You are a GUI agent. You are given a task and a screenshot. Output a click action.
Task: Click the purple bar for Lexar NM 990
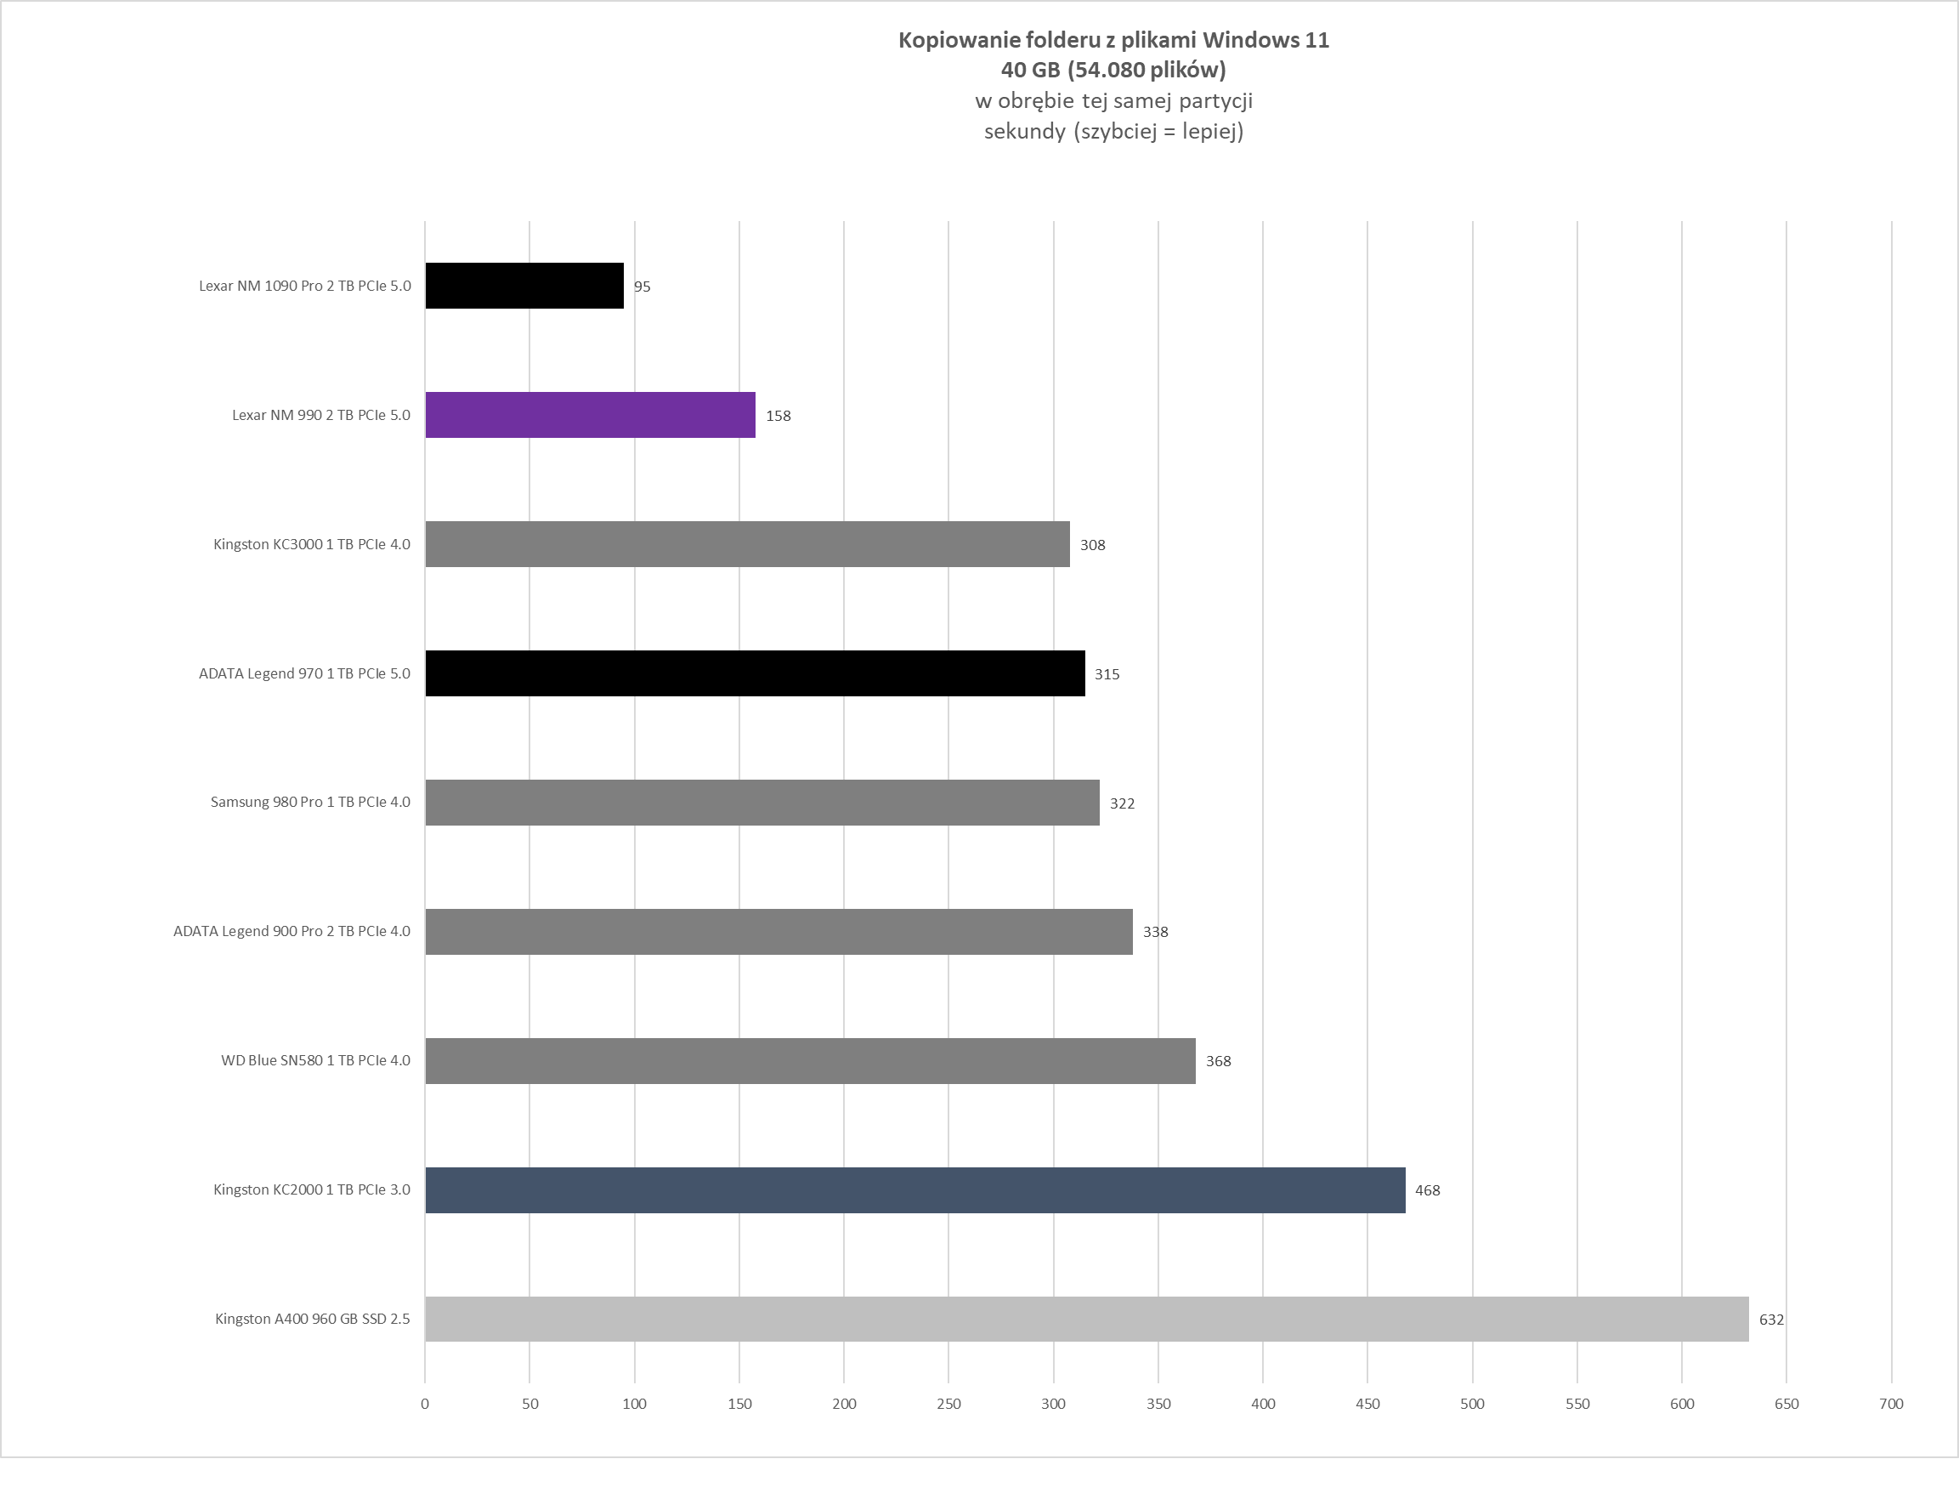click(x=590, y=415)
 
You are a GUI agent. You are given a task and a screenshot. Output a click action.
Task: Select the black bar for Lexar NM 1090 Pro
click(x=524, y=287)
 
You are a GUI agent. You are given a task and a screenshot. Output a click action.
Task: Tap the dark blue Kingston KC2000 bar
click(x=915, y=1190)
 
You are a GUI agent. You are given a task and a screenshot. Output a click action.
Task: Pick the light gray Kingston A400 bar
click(x=1086, y=1319)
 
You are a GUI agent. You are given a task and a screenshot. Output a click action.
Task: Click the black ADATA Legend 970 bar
click(x=756, y=673)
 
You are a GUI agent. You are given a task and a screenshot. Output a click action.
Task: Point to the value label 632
click(x=1771, y=1320)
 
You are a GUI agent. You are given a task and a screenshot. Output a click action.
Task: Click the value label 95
click(x=642, y=287)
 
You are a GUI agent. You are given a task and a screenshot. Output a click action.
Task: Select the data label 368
click(x=1218, y=1061)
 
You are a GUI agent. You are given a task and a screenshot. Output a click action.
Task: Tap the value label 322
click(x=1122, y=803)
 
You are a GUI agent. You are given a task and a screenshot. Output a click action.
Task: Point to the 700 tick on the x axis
click(x=1892, y=1404)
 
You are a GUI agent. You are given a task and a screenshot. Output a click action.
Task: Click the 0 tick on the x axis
click(x=425, y=1404)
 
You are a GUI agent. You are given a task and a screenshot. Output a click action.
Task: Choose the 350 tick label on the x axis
click(x=1158, y=1404)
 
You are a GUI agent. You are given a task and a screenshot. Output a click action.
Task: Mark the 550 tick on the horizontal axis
click(x=1577, y=1404)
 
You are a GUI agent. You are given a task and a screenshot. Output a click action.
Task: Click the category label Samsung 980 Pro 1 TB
click(x=310, y=802)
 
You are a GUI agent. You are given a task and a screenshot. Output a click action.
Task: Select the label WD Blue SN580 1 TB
click(x=315, y=1060)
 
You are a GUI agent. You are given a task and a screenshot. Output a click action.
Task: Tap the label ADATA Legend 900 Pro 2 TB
click(x=292, y=931)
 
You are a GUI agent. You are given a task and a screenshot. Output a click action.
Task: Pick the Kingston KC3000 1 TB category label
click(x=312, y=544)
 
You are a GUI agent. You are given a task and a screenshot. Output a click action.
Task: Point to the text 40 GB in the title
click(x=1031, y=70)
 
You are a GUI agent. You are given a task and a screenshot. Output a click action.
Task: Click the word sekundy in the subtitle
click(x=1024, y=132)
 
